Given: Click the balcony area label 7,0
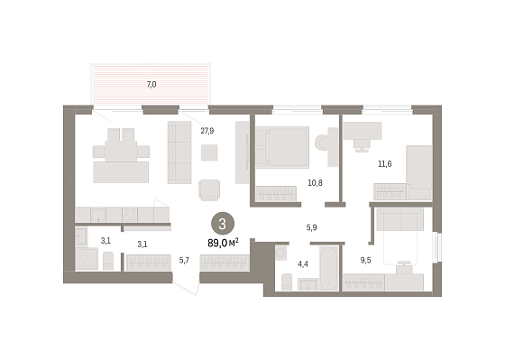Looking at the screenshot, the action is click(151, 85).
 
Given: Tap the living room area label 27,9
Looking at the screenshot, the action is click(207, 131).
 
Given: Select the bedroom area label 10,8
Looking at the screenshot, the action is click(315, 183).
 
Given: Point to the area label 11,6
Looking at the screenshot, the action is click(384, 164).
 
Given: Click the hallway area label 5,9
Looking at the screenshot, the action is click(311, 228).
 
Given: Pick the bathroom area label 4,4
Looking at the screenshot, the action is click(303, 264).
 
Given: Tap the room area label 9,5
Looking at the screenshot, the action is click(365, 261).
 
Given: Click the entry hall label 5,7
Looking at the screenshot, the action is click(184, 261).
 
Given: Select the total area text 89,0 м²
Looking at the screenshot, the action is click(223, 243).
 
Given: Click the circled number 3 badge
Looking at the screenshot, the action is click(222, 225).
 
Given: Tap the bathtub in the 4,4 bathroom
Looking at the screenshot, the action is click(329, 268).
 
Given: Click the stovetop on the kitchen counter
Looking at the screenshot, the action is click(130, 215).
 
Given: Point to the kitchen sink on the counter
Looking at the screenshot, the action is click(98, 215).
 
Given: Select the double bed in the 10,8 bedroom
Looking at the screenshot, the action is click(282, 147).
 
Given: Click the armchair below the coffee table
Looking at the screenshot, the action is click(209, 189).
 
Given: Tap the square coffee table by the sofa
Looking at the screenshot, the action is click(209, 152).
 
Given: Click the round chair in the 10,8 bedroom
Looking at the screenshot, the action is click(321, 143).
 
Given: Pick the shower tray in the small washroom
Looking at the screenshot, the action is click(87, 258).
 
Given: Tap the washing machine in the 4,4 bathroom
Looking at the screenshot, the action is click(281, 253).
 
